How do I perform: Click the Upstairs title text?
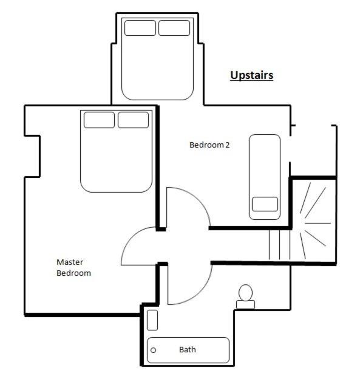tap(251, 75)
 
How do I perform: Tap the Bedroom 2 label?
tap(209, 145)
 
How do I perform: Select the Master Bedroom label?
tap(73, 268)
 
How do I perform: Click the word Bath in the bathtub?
tap(188, 350)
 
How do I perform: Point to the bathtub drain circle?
tap(154, 350)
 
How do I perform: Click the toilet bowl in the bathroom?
tap(246, 293)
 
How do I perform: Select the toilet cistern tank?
tap(245, 304)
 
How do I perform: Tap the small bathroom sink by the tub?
tap(152, 320)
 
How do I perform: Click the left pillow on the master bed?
tap(99, 120)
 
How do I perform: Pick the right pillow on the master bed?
tap(134, 120)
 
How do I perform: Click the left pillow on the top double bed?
tap(140, 28)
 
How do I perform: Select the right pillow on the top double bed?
tap(174, 28)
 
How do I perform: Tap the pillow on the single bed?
tap(265, 204)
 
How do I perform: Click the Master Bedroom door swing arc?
tap(132, 238)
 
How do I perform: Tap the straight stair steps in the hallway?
tap(279, 245)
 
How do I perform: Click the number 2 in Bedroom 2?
tap(228, 145)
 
